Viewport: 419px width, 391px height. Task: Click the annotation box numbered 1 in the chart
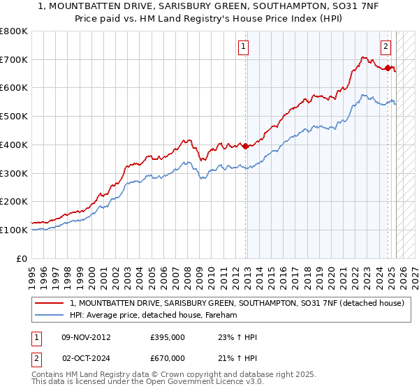pos(244,47)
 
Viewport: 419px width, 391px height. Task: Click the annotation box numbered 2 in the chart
pos(385,47)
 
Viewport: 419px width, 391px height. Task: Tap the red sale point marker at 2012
pos(245,146)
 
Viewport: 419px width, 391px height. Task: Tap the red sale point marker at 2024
pos(388,68)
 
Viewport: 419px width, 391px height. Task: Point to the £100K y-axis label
pos(14,230)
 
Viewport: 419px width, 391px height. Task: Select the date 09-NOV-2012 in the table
pos(85,337)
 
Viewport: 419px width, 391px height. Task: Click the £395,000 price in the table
pos(168,337)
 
